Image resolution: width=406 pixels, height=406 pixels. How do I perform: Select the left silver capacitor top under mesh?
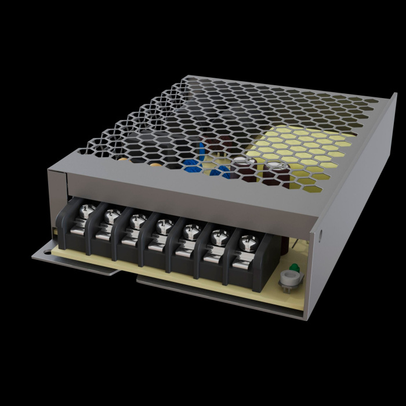(241, 165)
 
